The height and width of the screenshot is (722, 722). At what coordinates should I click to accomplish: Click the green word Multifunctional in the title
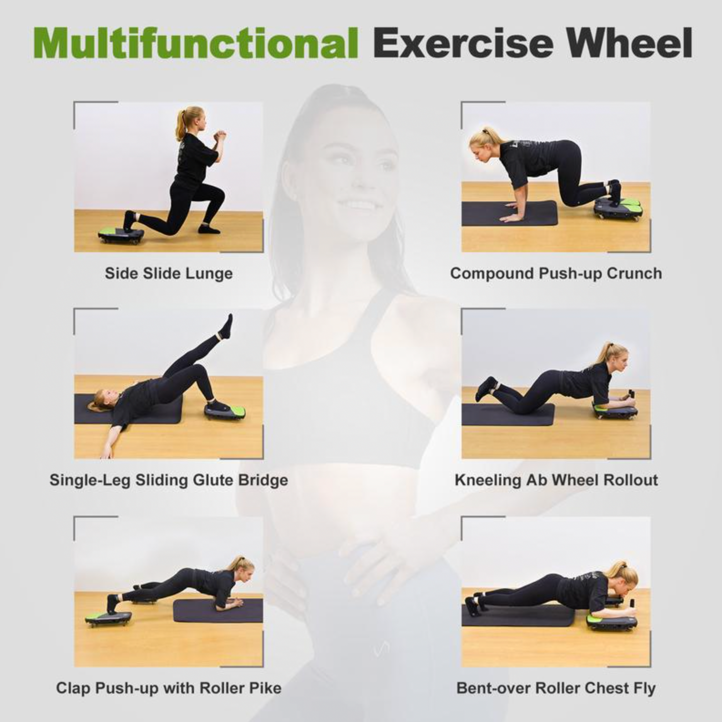195,43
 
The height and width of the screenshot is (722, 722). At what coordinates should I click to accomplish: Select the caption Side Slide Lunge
169,273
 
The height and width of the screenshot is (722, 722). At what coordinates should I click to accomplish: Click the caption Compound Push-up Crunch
556,273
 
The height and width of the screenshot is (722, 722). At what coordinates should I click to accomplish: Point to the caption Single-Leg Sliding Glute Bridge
169,480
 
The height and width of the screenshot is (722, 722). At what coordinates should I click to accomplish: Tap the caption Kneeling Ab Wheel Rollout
556,480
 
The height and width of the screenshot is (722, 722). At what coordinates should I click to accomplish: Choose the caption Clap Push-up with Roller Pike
169,687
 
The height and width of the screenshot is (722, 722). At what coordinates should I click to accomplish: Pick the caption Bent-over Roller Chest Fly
556,688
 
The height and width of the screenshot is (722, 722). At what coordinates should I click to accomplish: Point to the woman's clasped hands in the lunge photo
220,135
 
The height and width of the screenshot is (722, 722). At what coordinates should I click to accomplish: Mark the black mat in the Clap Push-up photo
218,611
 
